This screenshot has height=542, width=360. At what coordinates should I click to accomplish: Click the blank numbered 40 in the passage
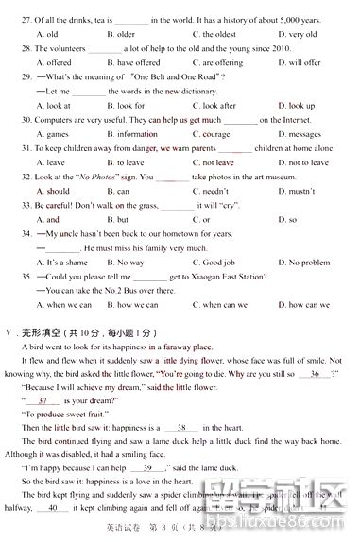pos(52,507)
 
